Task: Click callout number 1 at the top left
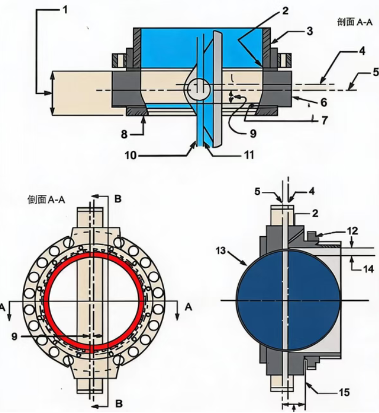pos(65,10)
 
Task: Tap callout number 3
pos(310,31)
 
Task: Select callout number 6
pos(324,102)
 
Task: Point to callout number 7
pos(324,120)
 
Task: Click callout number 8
pos(124,134)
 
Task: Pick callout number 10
pos(131,155)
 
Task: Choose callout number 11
pos(248,155)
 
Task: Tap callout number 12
pos(352,231)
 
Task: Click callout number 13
pos(221,250)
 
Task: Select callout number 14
pos(368,269)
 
